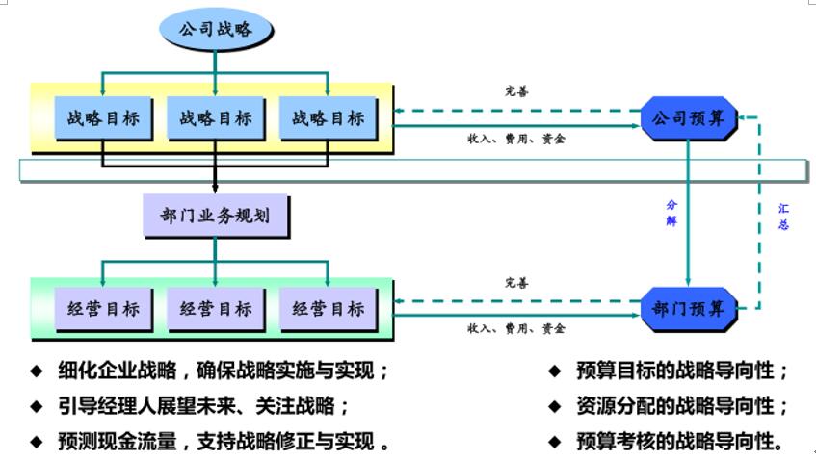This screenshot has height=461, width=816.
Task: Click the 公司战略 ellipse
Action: (x=216, y=29)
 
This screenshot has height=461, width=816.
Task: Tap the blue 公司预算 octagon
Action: (x=689, y=118)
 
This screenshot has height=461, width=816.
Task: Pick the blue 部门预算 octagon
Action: (x=689, y=309)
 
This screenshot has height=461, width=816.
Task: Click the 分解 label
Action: (x=671, y=213)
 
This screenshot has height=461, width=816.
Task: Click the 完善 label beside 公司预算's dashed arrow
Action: (x=516, y=92)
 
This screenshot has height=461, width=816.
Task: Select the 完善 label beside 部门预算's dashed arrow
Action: (x=516, y=283)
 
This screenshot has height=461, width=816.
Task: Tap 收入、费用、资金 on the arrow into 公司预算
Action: (x=516, y=139)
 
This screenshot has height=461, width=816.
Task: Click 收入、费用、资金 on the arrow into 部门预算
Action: (x=516, y=328)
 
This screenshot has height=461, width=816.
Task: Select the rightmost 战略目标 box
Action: (x=328, y=118)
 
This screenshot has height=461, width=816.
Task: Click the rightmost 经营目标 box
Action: (x=328, y=309)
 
